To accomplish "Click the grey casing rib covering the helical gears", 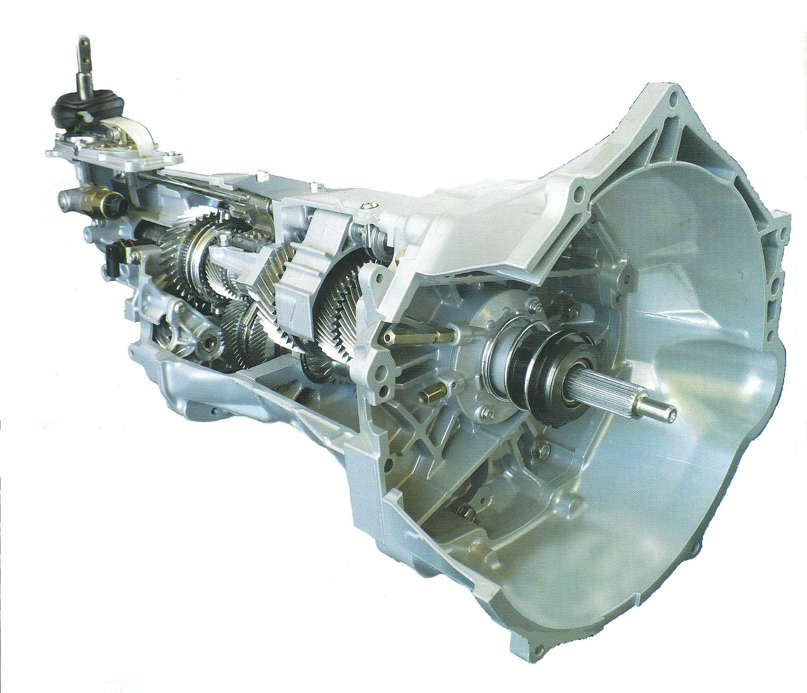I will point(297,280).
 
